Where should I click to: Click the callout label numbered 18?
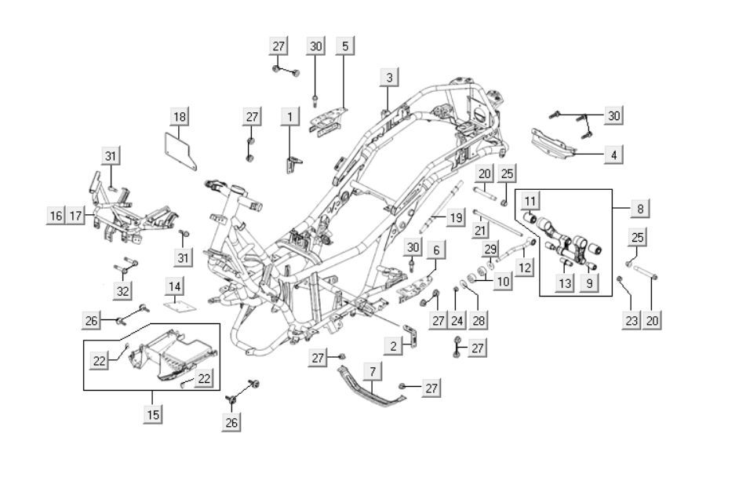(x=180, y=117)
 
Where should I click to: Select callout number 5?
(x=344, y=46)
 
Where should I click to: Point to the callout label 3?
(x=389, y=77)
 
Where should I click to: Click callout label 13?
(x=566, y=283)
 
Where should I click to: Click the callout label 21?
(x=481, y=230)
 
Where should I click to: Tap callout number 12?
(x=525, y=268)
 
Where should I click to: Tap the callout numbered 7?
(x=373, y=369)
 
